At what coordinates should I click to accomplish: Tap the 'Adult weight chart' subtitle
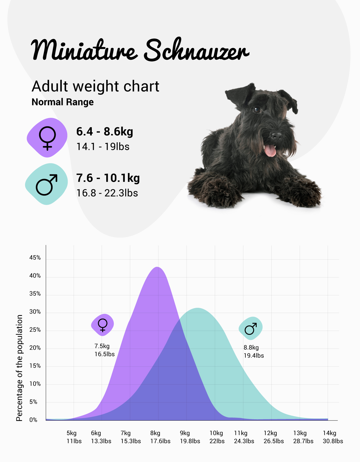click(x=95, y=86)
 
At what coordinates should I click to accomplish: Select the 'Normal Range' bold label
click(x=63, y=102)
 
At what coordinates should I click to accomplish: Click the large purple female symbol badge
click(x=47, y=138)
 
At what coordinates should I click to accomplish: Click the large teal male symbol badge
click(x=46, y=184)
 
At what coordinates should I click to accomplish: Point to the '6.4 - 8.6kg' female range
click(x=105, y=132)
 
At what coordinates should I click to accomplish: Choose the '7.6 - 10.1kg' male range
click(x=108, y=178)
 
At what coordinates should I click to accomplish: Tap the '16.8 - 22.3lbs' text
click(x=107, y=193)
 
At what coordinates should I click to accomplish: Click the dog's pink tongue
click(x=270, y=151)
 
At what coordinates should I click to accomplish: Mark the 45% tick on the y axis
click(x=35, y=258)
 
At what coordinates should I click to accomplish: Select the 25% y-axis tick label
click(x=35, y=330)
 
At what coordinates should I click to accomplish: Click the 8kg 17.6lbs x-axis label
click(x=160, y=437)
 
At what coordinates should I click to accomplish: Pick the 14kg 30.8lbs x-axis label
click(x=333, y=437)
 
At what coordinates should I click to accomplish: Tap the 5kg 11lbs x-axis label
click(x=74, y=437)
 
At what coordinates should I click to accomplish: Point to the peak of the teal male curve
click(x=197, y=308)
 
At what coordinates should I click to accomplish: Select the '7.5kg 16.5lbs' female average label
click(x=105, y=350)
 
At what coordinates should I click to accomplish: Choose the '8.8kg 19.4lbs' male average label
click(x=253, y=351)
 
